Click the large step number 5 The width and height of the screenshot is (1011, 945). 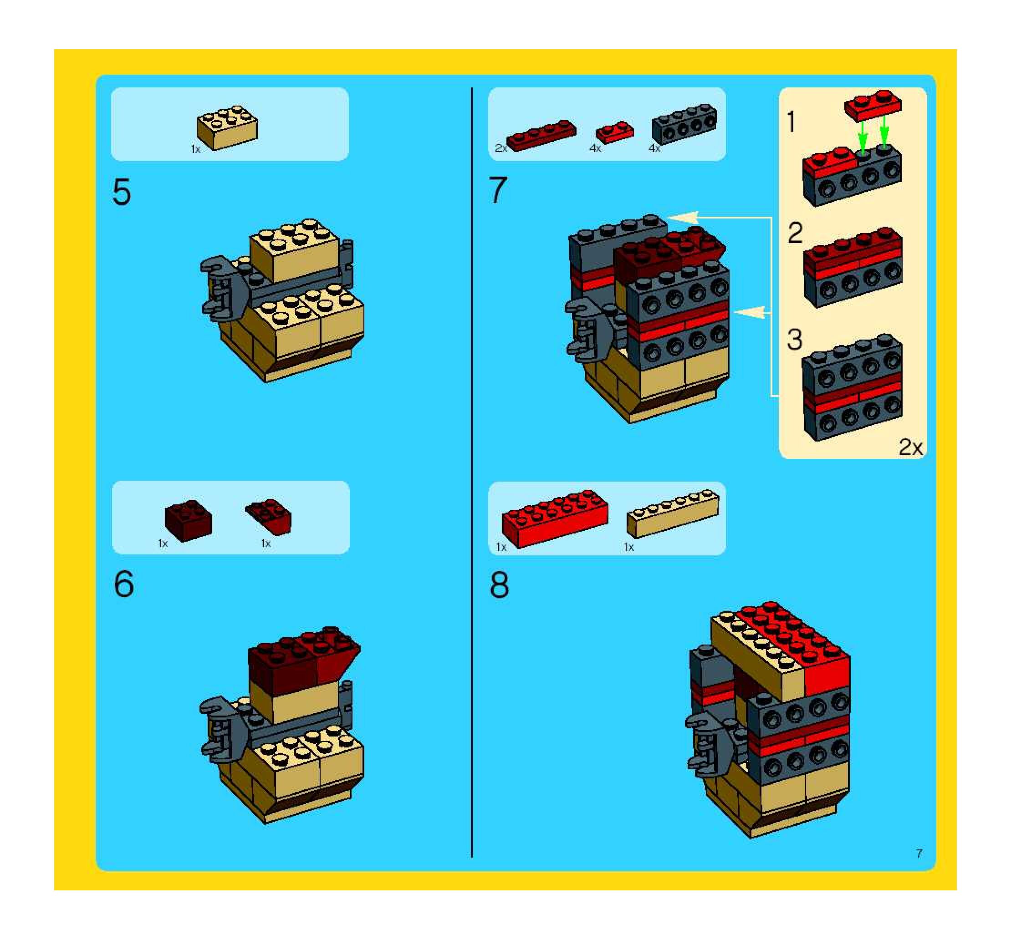122,192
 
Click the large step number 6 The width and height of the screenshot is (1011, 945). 123,584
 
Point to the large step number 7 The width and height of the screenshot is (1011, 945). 498,190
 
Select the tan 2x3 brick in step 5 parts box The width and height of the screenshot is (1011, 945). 227,127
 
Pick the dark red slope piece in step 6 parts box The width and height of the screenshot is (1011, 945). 268,517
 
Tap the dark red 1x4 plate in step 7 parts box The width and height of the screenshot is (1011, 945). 541,135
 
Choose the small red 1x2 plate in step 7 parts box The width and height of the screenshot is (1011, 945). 615,132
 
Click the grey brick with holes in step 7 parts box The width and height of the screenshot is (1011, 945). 684,124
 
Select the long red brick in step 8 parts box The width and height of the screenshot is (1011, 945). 555,519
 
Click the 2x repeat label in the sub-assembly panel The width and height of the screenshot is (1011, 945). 910,447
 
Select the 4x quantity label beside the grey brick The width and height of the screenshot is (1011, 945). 654,148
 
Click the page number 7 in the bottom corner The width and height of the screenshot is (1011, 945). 919,854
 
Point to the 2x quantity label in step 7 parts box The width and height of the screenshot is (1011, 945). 501,148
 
